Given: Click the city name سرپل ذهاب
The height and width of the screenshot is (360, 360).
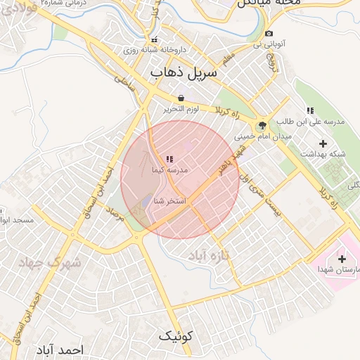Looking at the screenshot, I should pos(184,73).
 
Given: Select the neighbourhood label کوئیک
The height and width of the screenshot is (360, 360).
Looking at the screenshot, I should pos(175,335).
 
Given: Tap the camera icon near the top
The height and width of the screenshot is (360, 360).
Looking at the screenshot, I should pos(269,34).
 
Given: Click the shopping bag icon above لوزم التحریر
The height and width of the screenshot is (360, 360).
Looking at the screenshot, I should pos(181,98).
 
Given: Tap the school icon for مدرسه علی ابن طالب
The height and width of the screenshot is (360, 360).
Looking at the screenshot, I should pos(310,110).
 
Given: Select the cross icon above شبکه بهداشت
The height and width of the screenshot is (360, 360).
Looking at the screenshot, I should pos(323,143).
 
